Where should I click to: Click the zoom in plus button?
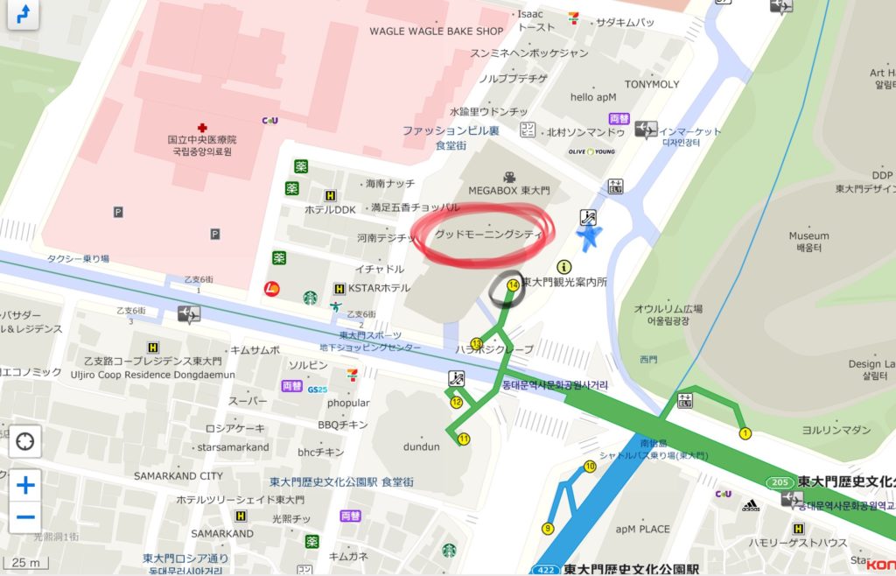25,485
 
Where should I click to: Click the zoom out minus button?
25,516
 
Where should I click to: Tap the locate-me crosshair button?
25,441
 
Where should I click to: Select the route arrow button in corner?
22,14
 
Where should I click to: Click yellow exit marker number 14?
513,284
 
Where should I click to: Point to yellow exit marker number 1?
745,432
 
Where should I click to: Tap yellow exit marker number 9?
548,528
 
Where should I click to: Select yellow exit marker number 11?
464,439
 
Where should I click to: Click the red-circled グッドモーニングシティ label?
489,235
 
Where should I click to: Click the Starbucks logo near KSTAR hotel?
310,298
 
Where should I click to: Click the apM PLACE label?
642,529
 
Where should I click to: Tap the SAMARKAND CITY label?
178,476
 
